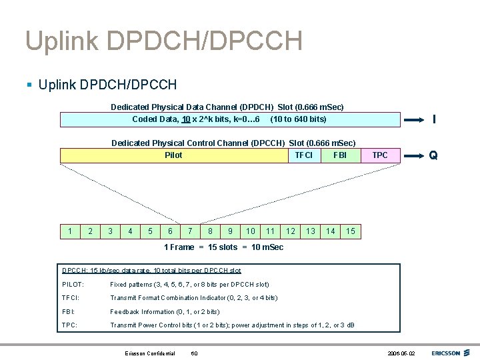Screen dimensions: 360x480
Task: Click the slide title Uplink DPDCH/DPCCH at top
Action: point(163,41)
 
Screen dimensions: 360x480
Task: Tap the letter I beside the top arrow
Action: point(434,120)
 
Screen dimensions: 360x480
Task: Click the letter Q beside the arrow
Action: point(433,155)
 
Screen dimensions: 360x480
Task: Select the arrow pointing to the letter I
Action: point(414,120)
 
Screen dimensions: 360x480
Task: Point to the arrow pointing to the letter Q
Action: point(414,155)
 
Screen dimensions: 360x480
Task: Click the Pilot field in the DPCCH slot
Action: point(173,155)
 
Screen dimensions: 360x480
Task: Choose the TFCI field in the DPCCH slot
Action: point(303,155)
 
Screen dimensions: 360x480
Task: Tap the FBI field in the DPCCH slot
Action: point(340,155)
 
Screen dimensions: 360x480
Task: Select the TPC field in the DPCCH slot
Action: point(380,155)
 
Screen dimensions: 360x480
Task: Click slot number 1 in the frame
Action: point(70,231)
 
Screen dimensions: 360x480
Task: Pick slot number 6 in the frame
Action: point(171,231)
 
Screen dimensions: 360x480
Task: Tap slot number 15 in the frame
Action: point(350,231)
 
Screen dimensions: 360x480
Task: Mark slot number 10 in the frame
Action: point(250,231)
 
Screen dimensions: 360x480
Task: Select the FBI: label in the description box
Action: point(69,311)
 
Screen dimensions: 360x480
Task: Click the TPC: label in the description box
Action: point(70,325)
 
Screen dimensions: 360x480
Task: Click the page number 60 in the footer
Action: point(194,353)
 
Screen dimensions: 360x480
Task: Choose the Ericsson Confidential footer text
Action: point(150,353)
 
